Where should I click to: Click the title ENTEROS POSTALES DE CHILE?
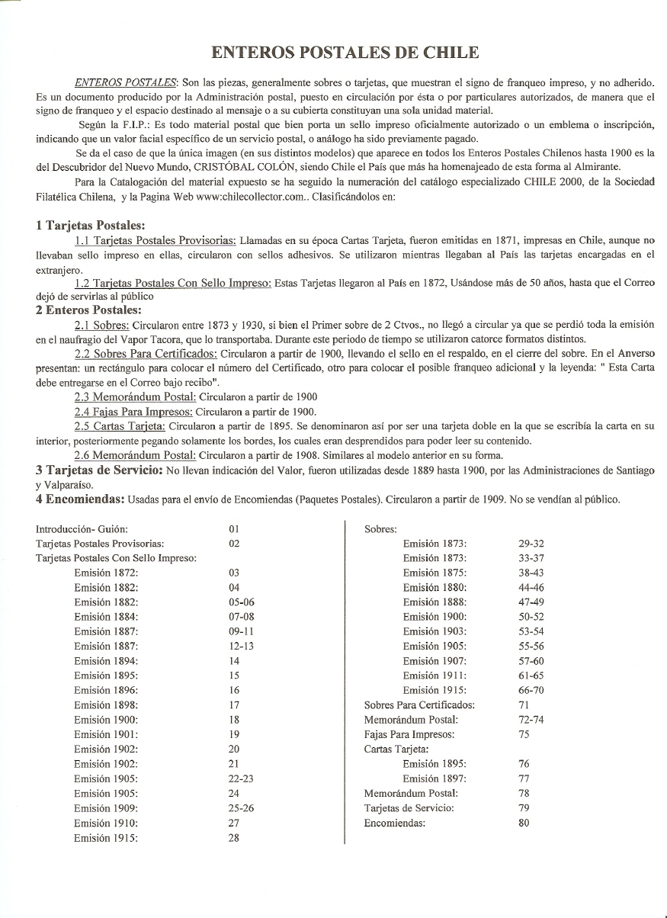pos(345,53)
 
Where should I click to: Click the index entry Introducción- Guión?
pos(82,528)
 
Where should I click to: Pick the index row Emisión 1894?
pos(106,661)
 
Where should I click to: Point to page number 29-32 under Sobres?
pos(531,544)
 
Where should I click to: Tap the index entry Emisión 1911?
pos(435,676)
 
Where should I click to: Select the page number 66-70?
pos(531,690)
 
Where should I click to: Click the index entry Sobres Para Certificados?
pos(419,705)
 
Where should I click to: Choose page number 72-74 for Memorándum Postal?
pos(531,720)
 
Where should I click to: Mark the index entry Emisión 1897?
pos(435,778)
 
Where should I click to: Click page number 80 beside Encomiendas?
pos(524,823)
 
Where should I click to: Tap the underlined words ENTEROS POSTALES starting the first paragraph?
pos(125,82)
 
